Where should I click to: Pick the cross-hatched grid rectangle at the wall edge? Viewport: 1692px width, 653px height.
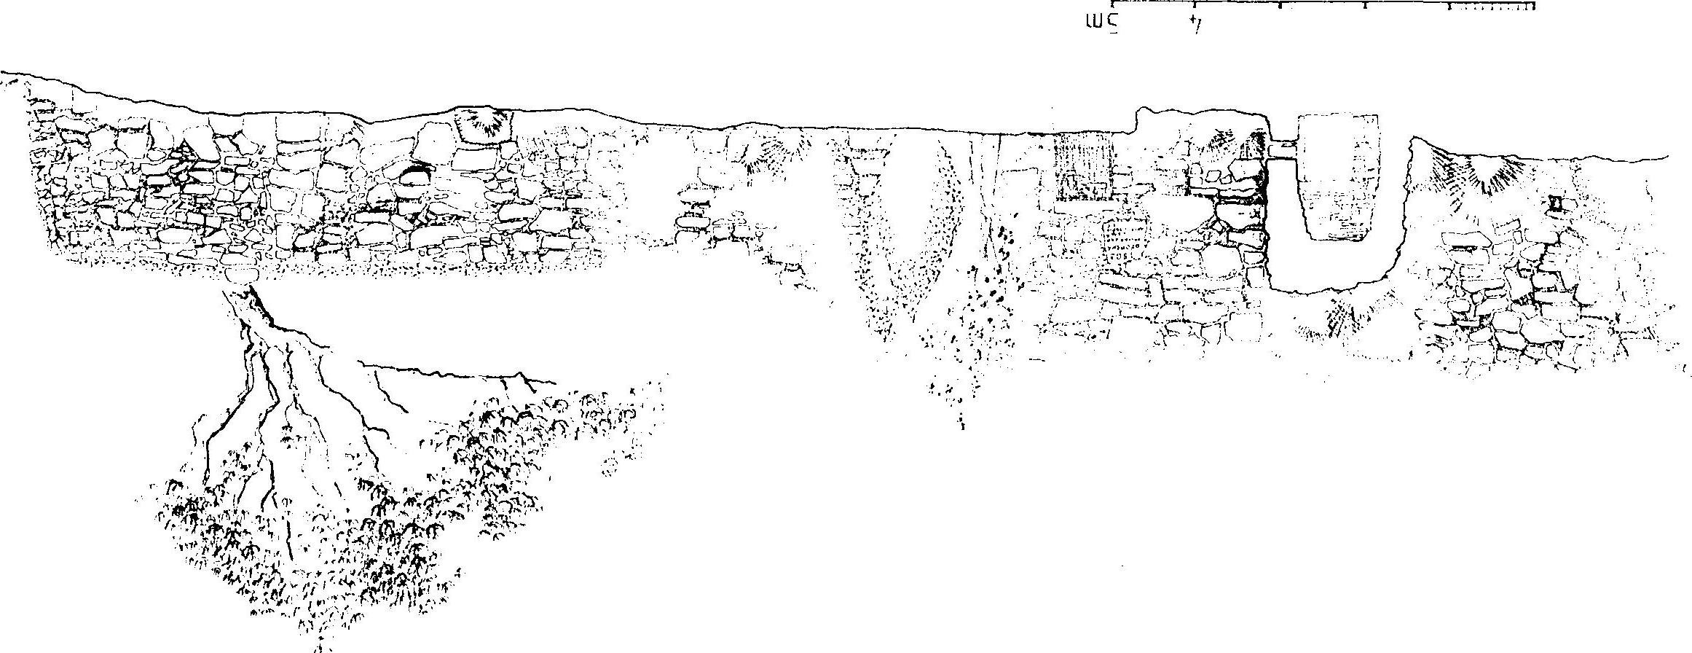1084,167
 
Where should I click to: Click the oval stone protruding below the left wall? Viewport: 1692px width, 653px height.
242,273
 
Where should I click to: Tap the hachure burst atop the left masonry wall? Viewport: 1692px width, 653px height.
482,124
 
